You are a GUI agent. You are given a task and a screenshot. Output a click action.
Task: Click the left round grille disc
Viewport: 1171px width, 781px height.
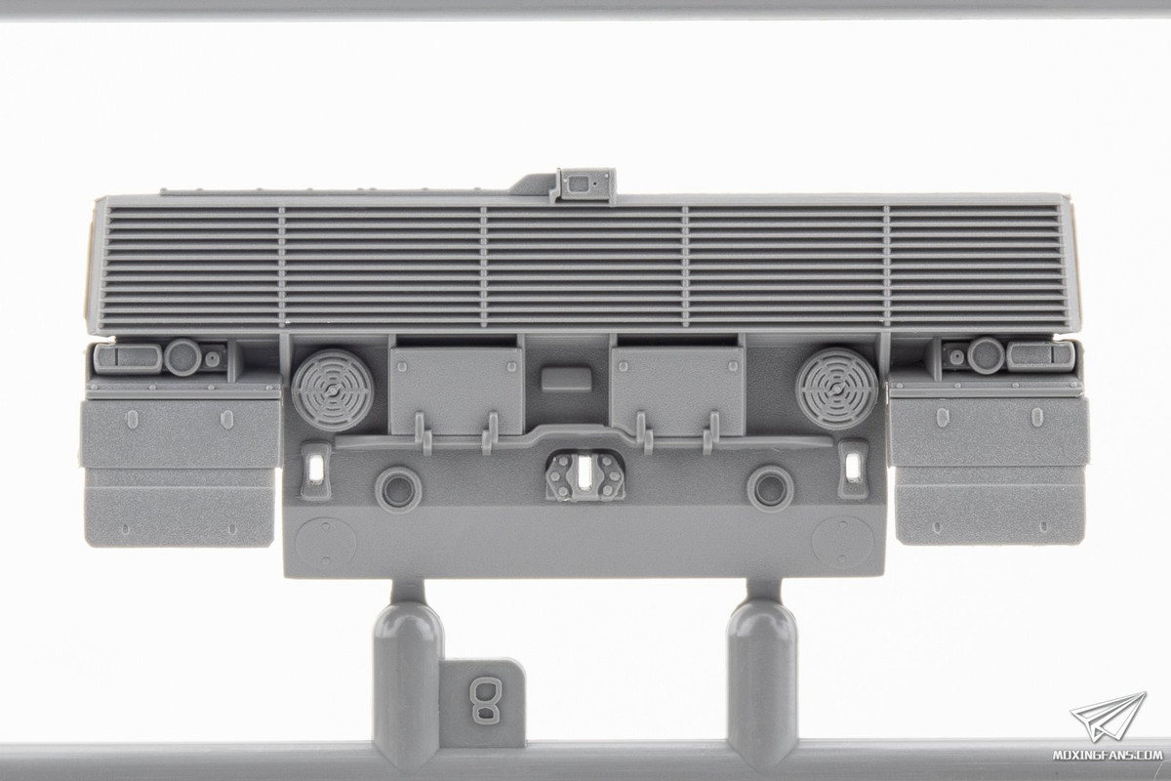[x=333, y=390]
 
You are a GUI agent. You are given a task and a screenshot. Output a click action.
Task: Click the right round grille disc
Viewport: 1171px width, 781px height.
[x=836, y=389]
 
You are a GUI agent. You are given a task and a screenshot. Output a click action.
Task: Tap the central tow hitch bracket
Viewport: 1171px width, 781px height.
[x=585, y=476]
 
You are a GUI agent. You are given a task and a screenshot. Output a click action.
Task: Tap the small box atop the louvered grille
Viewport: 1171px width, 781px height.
[x=584, y=185]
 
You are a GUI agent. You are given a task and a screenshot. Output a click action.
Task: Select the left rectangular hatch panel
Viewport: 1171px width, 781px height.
[x=457, y=390]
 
